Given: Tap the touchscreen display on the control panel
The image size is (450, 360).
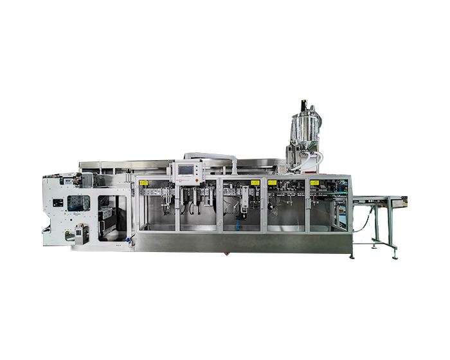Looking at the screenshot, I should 186,170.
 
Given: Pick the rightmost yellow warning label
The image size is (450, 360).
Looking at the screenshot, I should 314,183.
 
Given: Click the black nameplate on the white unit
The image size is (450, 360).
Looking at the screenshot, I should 58,203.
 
